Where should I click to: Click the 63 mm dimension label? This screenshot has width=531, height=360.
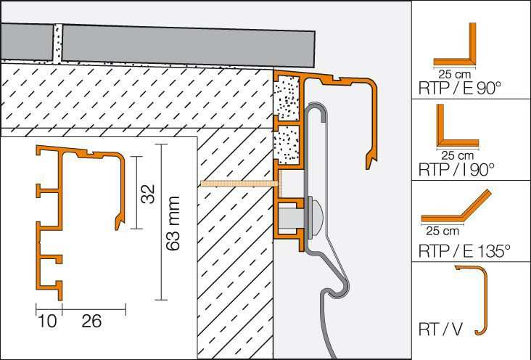(173, 224)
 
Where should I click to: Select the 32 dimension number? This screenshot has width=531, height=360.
(148, 194)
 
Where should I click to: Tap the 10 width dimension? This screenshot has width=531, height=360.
(47, 321)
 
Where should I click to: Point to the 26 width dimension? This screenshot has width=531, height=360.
(91, 321)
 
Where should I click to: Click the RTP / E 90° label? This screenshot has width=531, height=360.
(459, 88)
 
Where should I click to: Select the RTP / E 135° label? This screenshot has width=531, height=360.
(464, 251)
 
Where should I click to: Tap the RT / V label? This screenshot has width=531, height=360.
(440, 330)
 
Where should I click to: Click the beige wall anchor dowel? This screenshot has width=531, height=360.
(239, 184)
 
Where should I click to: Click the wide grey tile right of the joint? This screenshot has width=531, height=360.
(189, 46)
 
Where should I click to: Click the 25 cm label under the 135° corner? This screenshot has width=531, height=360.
(442, 232)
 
